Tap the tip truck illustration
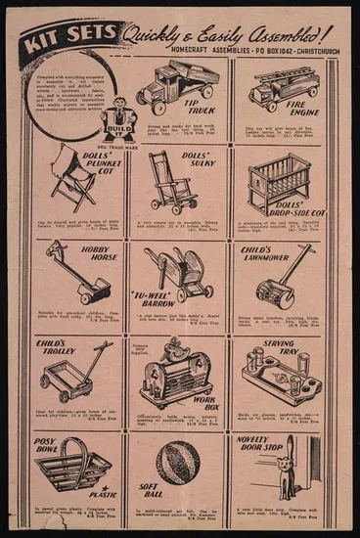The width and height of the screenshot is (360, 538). [x=171, y=85]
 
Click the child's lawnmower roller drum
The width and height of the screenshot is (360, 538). [x=269, y=293]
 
